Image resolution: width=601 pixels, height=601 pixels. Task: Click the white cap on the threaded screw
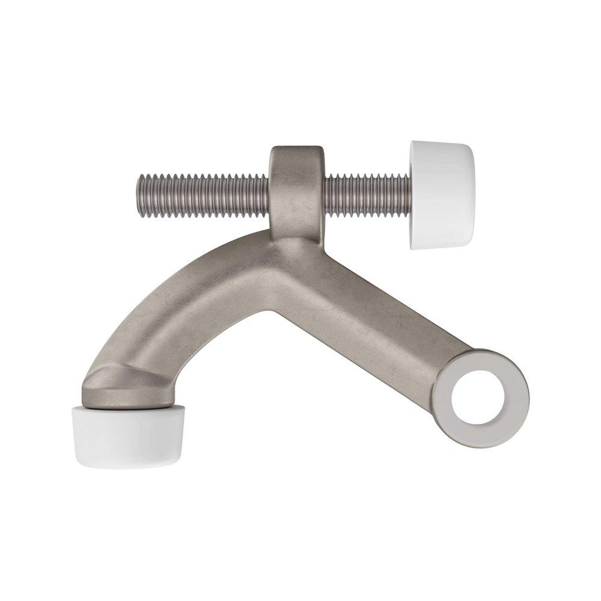442,194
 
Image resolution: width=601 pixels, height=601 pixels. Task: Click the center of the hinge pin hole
482,398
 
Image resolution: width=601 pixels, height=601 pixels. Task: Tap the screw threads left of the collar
204,195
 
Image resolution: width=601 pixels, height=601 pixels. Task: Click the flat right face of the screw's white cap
472,194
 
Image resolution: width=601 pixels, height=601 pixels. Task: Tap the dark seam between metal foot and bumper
120,406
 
